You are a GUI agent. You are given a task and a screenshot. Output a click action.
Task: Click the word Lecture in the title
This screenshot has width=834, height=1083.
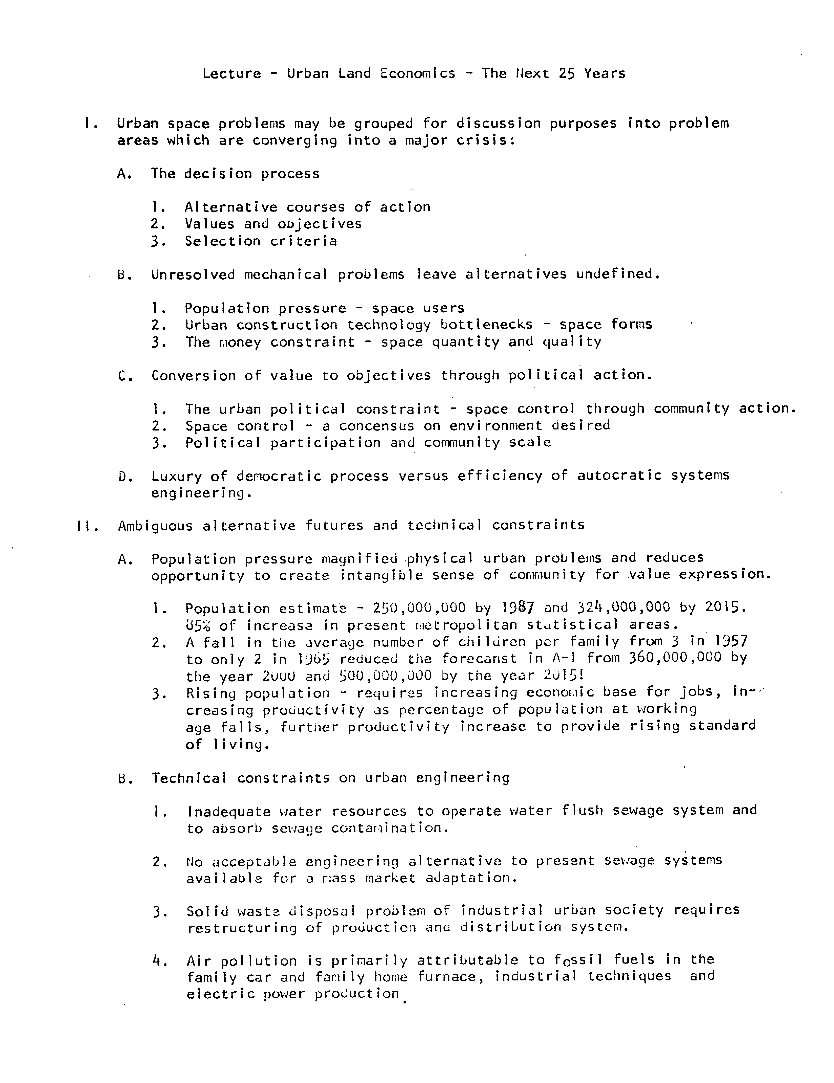coord(231,74)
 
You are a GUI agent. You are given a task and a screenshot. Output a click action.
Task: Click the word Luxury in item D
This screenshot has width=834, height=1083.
coord(177,477)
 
